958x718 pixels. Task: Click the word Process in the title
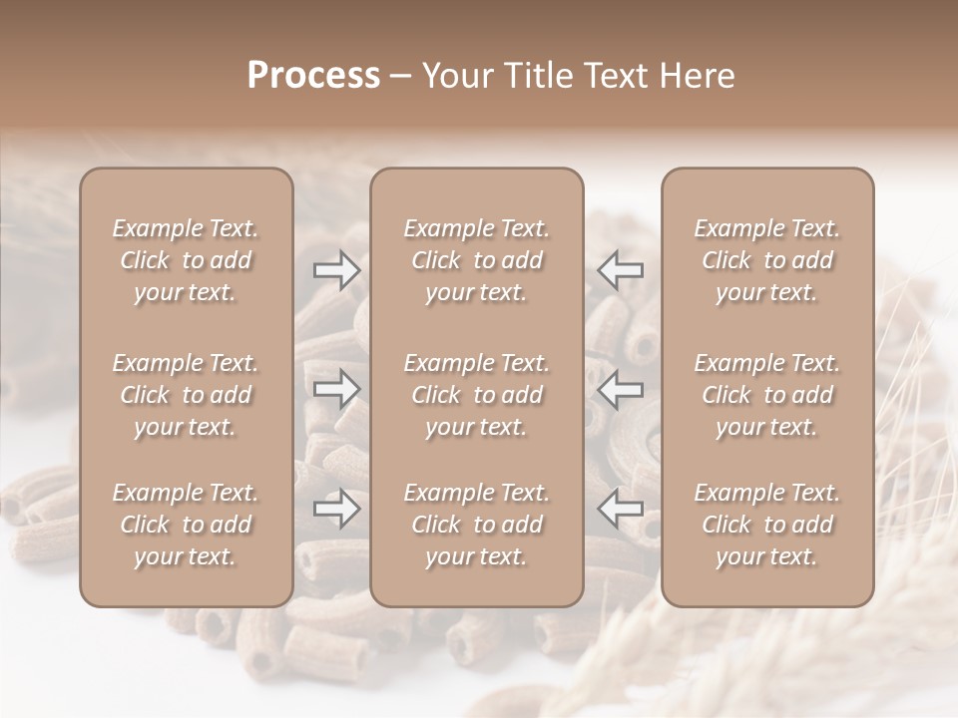313,76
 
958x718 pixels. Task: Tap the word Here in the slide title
696,76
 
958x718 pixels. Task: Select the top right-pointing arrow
337,270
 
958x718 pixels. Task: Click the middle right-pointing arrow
337,389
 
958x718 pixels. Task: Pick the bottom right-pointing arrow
337,509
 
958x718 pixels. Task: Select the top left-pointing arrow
621,270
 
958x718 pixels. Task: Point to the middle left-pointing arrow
621,389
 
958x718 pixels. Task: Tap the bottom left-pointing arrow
621,509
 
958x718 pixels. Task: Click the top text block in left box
186,260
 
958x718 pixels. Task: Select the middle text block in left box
186,395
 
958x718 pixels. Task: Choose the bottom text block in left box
186,525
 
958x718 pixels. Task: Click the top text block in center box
476,260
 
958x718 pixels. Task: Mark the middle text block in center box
476,395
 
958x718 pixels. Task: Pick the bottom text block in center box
476,525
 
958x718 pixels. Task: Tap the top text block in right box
766,260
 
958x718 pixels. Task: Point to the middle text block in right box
766,395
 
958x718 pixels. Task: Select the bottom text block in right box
766,525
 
